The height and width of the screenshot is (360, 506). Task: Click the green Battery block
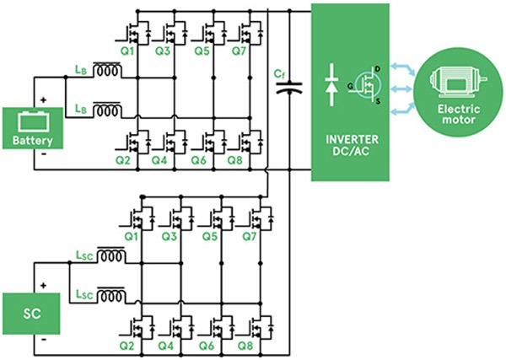coord(33,128)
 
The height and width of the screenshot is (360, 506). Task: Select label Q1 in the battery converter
coord(127,50)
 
